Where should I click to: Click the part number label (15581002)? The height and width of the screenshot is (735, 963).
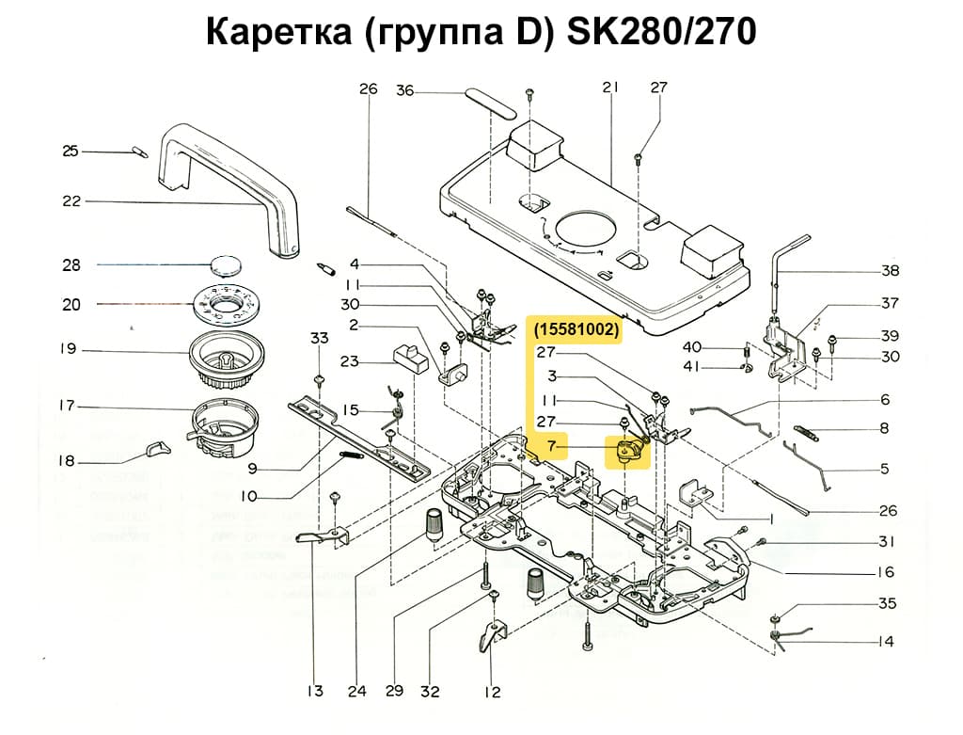point(576,330)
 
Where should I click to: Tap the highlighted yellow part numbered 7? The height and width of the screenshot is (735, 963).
point(628,453)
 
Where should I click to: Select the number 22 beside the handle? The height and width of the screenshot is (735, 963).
point(71,201)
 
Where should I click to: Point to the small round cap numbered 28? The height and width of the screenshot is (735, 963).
point(226,264)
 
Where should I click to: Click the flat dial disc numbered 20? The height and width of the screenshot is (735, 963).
point(226,304)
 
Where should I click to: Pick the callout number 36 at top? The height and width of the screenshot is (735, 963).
point(404,91)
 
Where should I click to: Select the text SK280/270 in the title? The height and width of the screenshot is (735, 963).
point(661,33)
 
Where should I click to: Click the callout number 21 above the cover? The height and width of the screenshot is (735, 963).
point(610,88)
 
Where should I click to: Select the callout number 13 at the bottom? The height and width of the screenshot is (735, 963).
point(315,692)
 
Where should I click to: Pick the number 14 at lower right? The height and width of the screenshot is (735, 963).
point(886,642)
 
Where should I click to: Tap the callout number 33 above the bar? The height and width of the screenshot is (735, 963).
point(320,338)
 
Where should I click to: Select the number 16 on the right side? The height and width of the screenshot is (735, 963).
point(886,572)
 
